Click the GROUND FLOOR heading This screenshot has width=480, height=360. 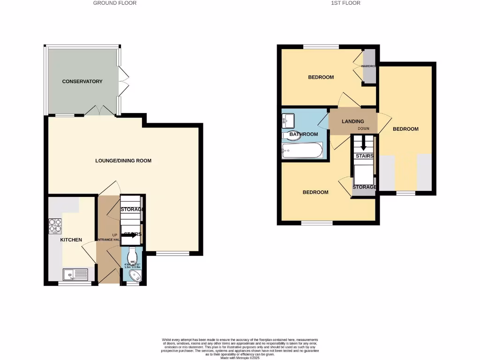click(115, 3)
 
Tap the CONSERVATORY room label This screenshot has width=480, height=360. click(82, 82)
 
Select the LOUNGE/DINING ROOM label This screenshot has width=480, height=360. click(123, 161)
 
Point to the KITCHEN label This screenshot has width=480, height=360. click(71, 240)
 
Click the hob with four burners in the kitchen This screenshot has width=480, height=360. click(55, 226)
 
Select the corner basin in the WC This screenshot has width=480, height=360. click(135, 275)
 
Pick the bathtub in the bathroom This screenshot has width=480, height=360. click(302, 150)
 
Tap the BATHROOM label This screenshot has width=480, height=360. click(303, 135)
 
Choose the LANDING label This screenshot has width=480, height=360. click(352, 121)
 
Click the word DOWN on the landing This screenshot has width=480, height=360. click(363, 128)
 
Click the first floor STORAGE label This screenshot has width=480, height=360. click(364, 187)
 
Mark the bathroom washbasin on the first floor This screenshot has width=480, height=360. click(287, 121)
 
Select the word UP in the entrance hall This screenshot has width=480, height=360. click(114, 234)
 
